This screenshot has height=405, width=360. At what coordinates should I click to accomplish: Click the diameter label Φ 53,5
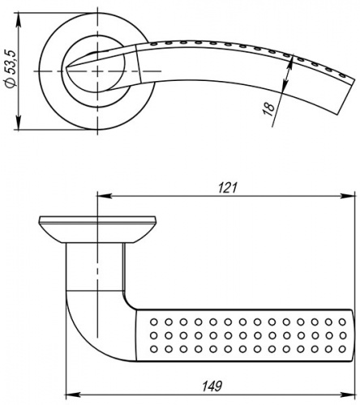coord(11,69)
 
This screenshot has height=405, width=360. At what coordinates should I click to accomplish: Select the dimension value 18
coord(268,109)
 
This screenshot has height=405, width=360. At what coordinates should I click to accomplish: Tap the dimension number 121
coord(228,187)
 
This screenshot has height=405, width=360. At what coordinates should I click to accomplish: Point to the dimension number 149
coord(212,386)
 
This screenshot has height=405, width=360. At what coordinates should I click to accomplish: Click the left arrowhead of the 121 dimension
coord(105,196)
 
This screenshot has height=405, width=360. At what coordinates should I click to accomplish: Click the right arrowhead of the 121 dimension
coord(347,196)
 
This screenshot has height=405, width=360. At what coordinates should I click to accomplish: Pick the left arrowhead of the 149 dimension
coord(73,395)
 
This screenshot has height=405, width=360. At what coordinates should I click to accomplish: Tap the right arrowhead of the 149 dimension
coord(347,395)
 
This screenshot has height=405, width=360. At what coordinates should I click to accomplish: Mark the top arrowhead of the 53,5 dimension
coord(19,20)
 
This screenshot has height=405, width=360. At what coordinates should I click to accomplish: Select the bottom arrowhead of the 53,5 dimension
coord(19,122)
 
